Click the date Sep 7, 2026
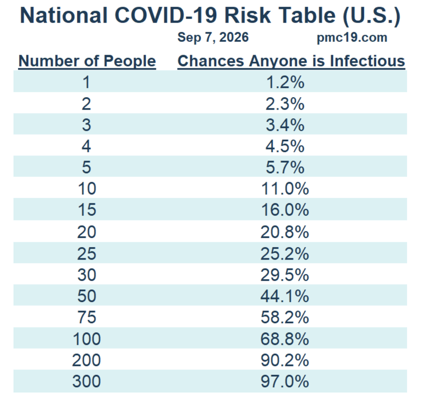tap(213, 37)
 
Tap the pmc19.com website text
tap(352, 38)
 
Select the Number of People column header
tap(87, 61)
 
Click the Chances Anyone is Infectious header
tap(291, 61)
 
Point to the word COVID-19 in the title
tap(166, 15)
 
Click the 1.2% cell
tap(285, 82)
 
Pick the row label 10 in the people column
tap(87, 188)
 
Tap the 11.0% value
tap(285, 188)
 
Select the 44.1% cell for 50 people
tap(285, 296)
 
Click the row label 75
tap(87, 317)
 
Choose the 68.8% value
tap(285, 339)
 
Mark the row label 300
tap(86, 381)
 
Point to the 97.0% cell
tap(285, 381)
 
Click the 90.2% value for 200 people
tap(285, 360)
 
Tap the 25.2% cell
tap(285, 253)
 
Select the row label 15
tap(87, 210)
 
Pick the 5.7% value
tap(285, 167)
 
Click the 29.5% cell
tap(285, 275)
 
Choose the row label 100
tap(86, 339)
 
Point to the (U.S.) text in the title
tap(372, 15)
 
